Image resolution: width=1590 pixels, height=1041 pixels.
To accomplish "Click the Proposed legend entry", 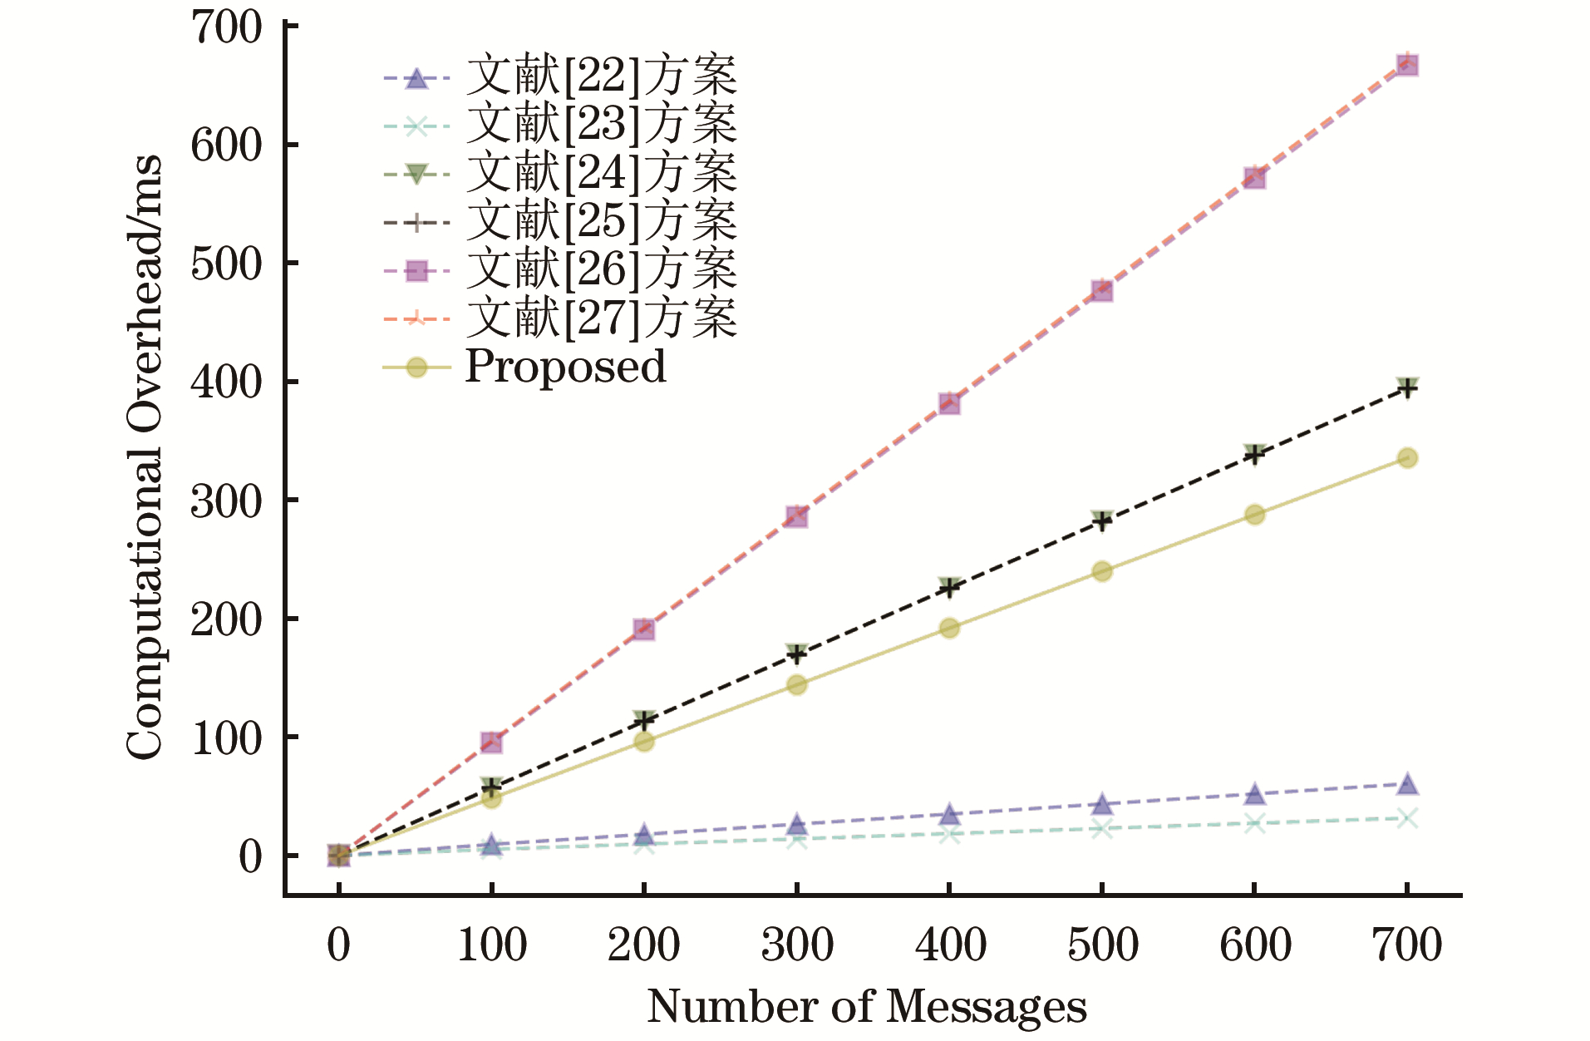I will click(x=564, y=367).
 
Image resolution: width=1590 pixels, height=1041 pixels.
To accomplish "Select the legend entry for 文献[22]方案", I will click(x=600, y=77).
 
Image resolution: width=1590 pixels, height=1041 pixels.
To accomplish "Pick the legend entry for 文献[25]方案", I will click(x=600, y=221).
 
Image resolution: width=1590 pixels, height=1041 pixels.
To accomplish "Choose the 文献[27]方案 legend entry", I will click(x=600, y=318).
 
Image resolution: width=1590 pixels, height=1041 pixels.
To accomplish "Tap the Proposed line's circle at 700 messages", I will click(x=1406, y=458).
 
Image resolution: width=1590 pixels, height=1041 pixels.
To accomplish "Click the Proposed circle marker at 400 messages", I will click(x=949, y=628).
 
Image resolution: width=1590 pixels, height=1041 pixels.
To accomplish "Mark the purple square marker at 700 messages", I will click(x=1406, y=66).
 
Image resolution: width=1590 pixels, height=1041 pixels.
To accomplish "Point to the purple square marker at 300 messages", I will click(x=796, y=517).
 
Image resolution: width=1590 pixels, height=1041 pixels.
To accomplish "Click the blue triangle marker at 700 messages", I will click(x=1406, y=784).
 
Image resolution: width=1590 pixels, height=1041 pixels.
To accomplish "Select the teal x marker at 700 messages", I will click(x=1406, y=818).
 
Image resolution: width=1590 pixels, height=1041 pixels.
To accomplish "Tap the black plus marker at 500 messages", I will click(x=1101, y=522).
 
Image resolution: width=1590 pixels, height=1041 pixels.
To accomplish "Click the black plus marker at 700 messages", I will click(x=1406, y=388).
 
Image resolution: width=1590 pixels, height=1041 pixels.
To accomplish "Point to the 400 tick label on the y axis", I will click(x=226, y=382).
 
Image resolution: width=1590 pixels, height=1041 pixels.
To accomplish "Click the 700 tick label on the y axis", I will click(x=226, y=27).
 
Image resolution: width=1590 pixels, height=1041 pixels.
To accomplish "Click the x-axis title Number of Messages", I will click(x=866, y=1006).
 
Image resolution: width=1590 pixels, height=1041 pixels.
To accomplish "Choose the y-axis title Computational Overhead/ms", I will click(x=145, y=457).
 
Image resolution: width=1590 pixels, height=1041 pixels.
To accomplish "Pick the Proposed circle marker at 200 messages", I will click(x=644, y=741).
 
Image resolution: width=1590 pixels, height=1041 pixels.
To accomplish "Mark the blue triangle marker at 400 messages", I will click(x=949, y=815).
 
